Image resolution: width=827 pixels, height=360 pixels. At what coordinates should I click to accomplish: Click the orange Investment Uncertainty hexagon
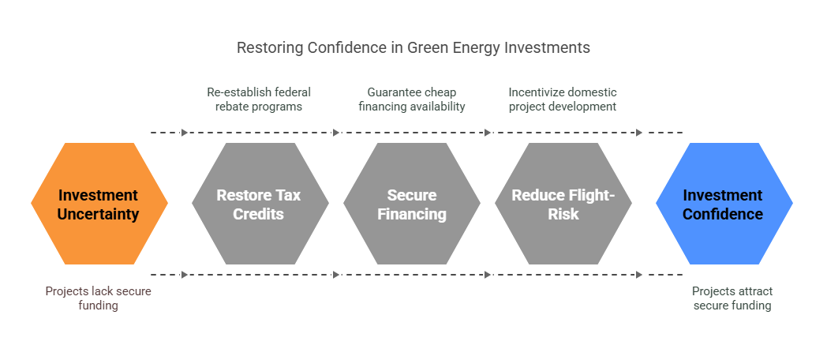99,203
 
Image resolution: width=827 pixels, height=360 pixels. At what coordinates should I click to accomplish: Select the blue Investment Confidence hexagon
724,203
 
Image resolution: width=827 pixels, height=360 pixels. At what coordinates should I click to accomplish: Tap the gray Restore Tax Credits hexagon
260,203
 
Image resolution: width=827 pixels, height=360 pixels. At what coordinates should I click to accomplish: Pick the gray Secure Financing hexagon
412,203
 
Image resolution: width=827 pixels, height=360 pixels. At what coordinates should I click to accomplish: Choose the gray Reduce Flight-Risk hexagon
563,203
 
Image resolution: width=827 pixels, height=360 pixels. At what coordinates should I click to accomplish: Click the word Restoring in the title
270,47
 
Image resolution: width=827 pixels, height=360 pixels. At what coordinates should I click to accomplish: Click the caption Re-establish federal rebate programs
259,99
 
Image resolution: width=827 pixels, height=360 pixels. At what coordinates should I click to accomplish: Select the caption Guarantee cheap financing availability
412,99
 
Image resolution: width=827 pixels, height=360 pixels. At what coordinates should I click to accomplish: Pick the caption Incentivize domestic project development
563,99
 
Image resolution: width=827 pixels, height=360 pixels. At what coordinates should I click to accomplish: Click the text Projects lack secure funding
98,298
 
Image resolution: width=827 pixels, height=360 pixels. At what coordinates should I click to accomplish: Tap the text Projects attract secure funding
732,298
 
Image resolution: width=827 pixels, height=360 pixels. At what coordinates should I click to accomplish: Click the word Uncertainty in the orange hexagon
98,214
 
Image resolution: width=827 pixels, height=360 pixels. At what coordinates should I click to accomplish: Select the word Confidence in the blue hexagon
723,214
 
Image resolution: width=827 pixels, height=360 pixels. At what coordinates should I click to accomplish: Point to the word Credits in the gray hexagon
259,214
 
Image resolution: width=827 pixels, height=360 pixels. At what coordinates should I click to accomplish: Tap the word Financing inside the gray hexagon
412,214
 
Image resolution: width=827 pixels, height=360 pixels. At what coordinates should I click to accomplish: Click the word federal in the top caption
289,92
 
